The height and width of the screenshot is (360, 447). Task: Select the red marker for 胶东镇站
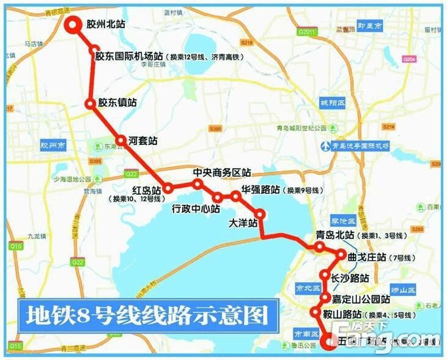tap(91, 104)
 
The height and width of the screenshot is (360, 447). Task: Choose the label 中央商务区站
tap(222, 172)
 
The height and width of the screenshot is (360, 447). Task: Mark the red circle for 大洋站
tap(260, 215)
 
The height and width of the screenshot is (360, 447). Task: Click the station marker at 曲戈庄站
tap(341, 254)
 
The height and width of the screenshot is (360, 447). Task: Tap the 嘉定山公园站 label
tap(360, 299)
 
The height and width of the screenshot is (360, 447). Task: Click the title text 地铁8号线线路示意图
tap(147, 317)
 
